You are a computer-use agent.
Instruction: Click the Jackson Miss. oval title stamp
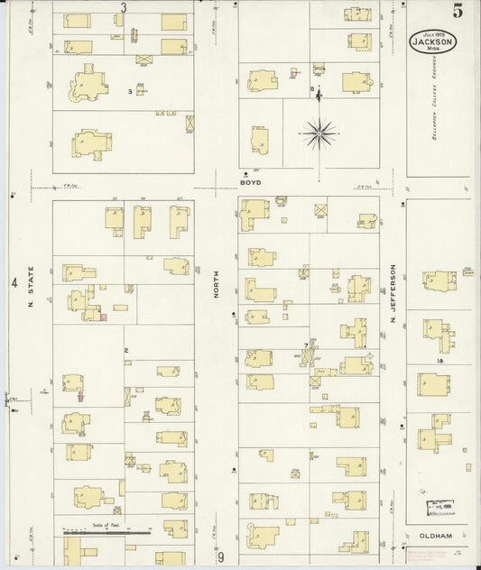433,41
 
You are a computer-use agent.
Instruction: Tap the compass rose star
319,134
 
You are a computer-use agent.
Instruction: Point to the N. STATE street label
30,288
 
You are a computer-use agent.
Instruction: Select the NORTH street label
217,287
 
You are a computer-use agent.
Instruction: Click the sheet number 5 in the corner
458,12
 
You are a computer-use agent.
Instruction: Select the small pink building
104,317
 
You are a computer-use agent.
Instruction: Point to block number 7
306,345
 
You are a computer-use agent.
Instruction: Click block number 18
439,361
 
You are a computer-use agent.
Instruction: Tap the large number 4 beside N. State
14,283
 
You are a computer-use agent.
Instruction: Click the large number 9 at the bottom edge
219,558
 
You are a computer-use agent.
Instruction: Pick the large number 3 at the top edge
124,8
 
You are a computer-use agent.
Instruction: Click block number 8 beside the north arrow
311,89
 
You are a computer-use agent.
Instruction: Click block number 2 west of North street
126,350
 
